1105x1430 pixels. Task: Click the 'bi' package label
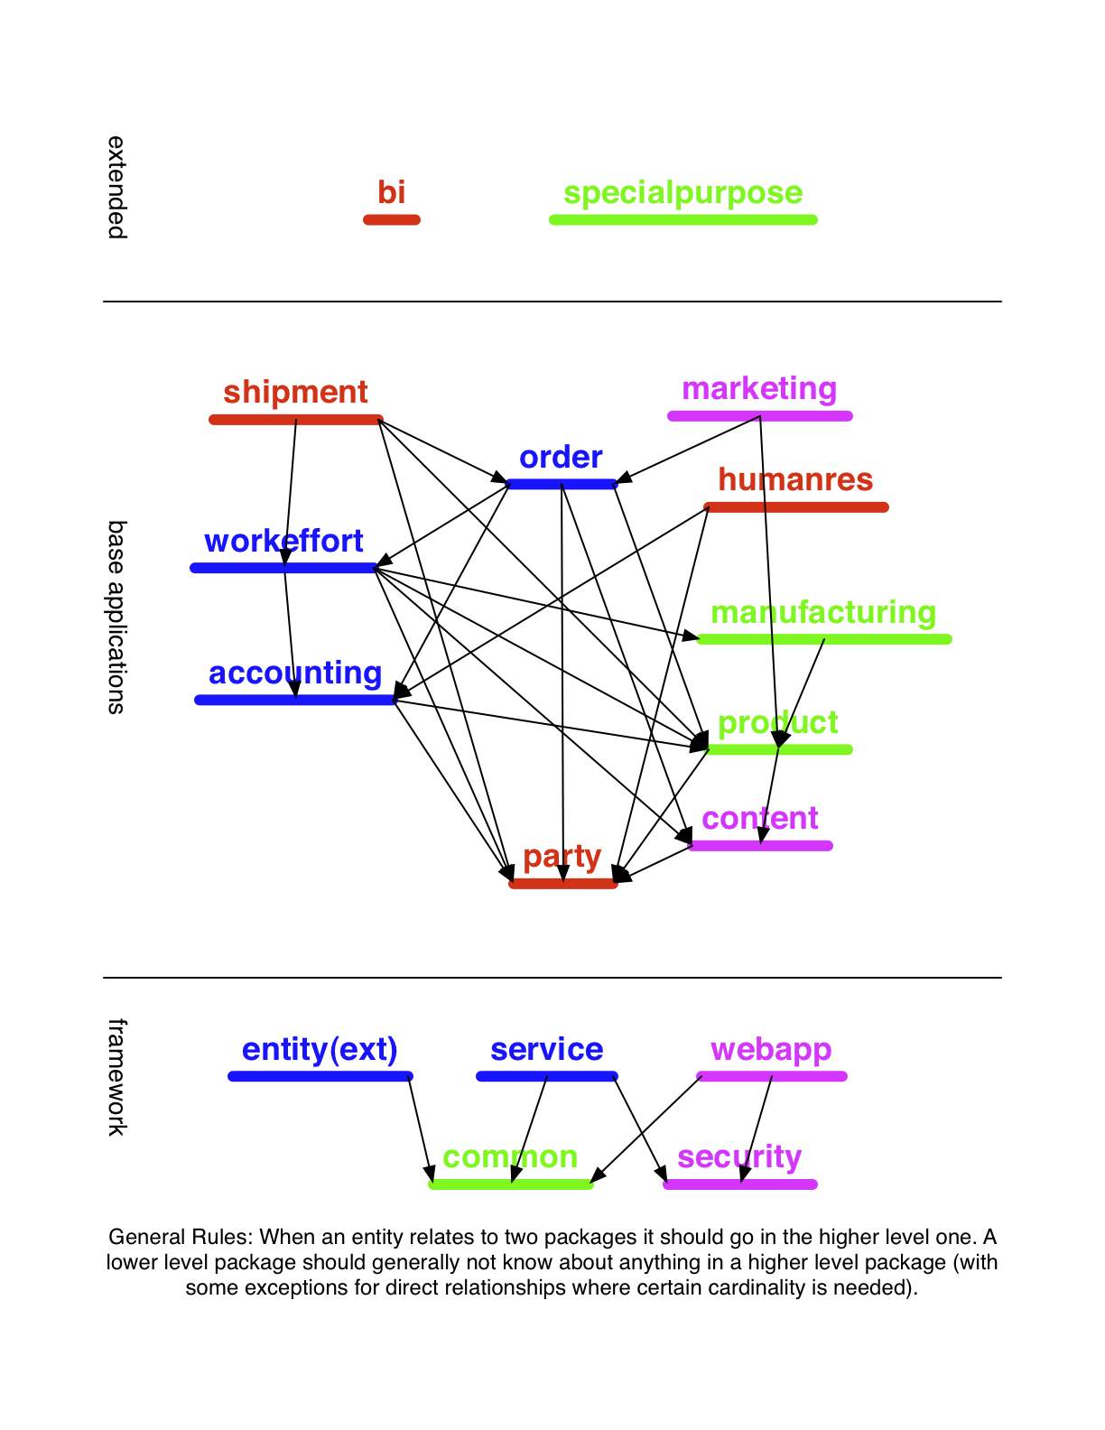(391, 192)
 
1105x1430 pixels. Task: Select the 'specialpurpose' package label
(683, 194)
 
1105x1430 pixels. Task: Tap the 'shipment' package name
(295, 393)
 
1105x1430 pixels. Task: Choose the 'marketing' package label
(759, 390)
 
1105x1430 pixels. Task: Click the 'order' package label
(561, 458)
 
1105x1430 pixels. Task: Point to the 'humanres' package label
(795, 479)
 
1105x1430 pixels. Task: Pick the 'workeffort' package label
(283, 541)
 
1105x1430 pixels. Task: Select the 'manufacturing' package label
(823, 612)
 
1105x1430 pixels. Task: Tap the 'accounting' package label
(295, 673)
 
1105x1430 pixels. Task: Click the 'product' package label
(778, 723)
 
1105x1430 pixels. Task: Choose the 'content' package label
(759, 819)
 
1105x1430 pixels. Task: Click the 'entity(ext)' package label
(320, 1050)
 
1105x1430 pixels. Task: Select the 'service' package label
(546, 1050)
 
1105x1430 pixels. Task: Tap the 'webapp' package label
(771, 1051)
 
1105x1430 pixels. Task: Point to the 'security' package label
(739, 1156)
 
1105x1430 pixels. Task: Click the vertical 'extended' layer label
(116, 188)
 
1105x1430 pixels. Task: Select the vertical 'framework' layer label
(116, 1077)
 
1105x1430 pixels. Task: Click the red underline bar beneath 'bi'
(392, 219)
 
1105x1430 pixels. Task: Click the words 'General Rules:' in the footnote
(181, 1237)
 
